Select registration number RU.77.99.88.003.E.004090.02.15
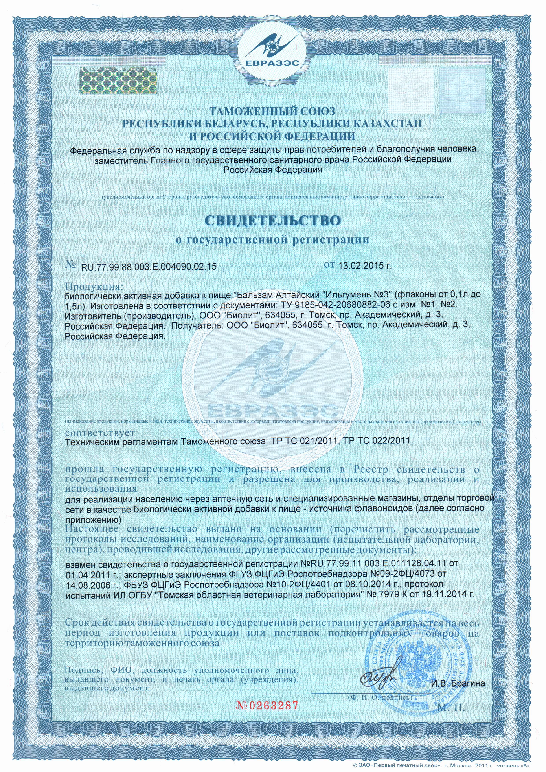coord(148,267)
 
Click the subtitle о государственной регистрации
coord(273,240)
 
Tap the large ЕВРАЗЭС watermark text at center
coord(273,411)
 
